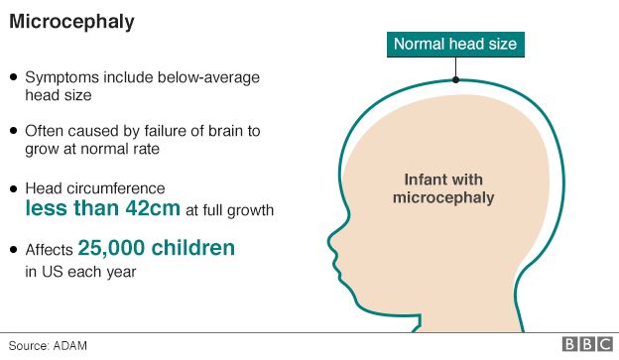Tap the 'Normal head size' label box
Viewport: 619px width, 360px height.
455,44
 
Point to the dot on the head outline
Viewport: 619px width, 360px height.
455,78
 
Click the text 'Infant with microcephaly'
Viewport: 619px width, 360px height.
443,188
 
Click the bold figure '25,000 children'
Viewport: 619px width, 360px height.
156,248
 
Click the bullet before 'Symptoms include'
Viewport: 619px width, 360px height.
13,76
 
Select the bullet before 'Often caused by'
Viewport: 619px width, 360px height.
13,130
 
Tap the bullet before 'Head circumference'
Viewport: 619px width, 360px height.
13,187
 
